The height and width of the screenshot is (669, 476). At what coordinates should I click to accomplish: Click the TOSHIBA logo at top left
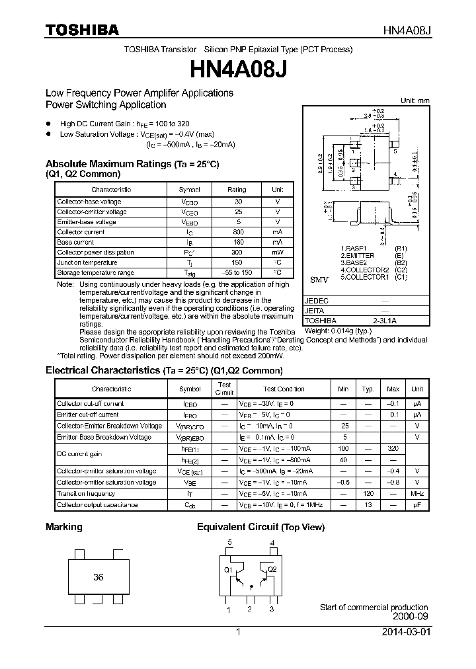[x=82, y=30]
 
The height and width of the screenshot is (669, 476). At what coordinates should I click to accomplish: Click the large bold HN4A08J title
[x=238, y=69]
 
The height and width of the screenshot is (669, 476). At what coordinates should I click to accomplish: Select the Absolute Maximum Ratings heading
[x=132, y=163]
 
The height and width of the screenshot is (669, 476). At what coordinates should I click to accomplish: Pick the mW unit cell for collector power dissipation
[x=277, y=253]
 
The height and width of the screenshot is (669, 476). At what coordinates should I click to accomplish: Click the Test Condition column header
[x=284, y=389]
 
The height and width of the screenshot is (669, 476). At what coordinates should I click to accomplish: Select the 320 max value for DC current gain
[x=393, y=448]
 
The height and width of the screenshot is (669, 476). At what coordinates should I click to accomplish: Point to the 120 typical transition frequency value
[x=368, y=494]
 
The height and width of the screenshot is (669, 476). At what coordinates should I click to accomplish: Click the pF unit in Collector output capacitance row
[x=416, y=505]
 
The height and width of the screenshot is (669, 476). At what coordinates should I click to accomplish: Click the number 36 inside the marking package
[x=98, y=577]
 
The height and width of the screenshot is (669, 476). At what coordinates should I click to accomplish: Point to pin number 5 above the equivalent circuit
[x=229, y=543]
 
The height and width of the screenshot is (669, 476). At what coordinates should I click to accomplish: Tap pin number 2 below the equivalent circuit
[x=249, y=609]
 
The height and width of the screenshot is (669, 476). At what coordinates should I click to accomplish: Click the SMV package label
[x=319, y=280]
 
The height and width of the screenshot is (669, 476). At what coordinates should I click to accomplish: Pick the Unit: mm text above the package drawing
[x=415, y=100]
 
